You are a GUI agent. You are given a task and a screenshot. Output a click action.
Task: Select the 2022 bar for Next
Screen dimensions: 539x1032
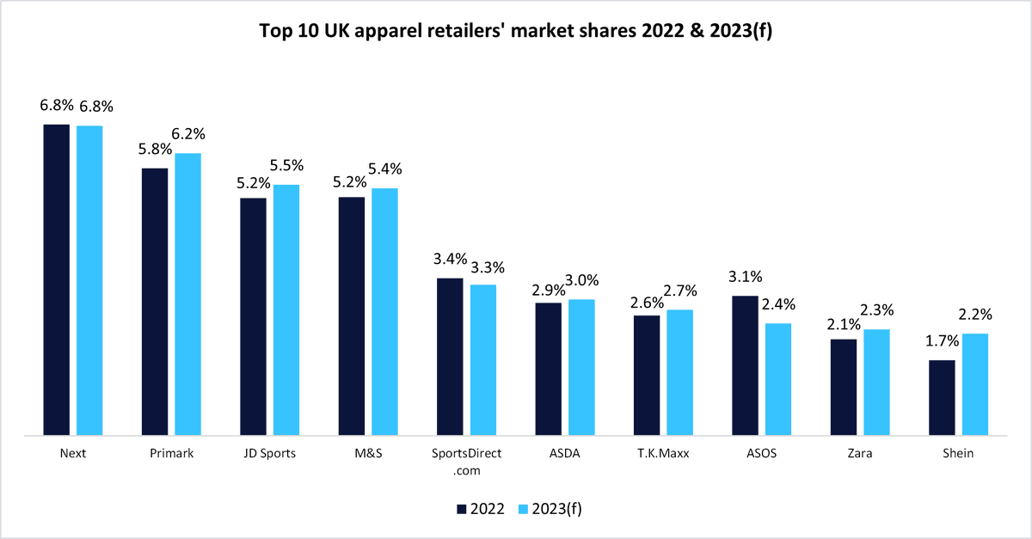tap(57, 279)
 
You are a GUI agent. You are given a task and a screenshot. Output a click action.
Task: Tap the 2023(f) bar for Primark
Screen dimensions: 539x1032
tap(187, 294)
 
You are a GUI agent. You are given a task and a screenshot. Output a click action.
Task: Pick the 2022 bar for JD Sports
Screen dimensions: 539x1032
tap(253, 316)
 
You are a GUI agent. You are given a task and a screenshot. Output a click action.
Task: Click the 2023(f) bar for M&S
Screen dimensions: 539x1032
tap(384, 311)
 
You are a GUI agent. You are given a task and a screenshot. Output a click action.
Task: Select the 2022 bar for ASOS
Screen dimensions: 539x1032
tap(745, 365)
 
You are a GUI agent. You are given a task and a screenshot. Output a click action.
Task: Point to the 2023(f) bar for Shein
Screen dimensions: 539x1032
tap(975, 384)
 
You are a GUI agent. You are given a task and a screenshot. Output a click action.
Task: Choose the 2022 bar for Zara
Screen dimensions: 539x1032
tap(844, 387)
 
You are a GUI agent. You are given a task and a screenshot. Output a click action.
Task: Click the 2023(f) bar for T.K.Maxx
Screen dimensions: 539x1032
tap(679, 372)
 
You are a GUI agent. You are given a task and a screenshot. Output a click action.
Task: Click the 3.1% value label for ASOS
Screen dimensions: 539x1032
tap(745, 277)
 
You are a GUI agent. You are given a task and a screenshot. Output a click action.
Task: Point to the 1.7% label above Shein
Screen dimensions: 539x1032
tap(942, 341)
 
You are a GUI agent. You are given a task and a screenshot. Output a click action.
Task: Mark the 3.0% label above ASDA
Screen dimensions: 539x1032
tap(581, 280)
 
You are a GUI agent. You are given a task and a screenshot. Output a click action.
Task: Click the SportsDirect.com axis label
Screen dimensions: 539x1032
tap(467, 461)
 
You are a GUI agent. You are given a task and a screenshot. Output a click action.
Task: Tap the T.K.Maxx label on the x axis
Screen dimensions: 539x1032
tap(663, 454)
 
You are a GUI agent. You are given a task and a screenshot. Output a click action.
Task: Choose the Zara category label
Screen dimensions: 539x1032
tap(860, 454)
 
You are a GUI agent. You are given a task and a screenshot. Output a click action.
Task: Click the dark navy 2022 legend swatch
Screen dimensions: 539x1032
tap(460, 509)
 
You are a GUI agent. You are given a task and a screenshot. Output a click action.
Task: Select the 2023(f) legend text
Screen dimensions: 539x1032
tap(557, 509)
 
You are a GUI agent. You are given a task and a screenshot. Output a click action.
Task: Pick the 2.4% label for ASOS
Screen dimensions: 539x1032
tap(778, 304)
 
